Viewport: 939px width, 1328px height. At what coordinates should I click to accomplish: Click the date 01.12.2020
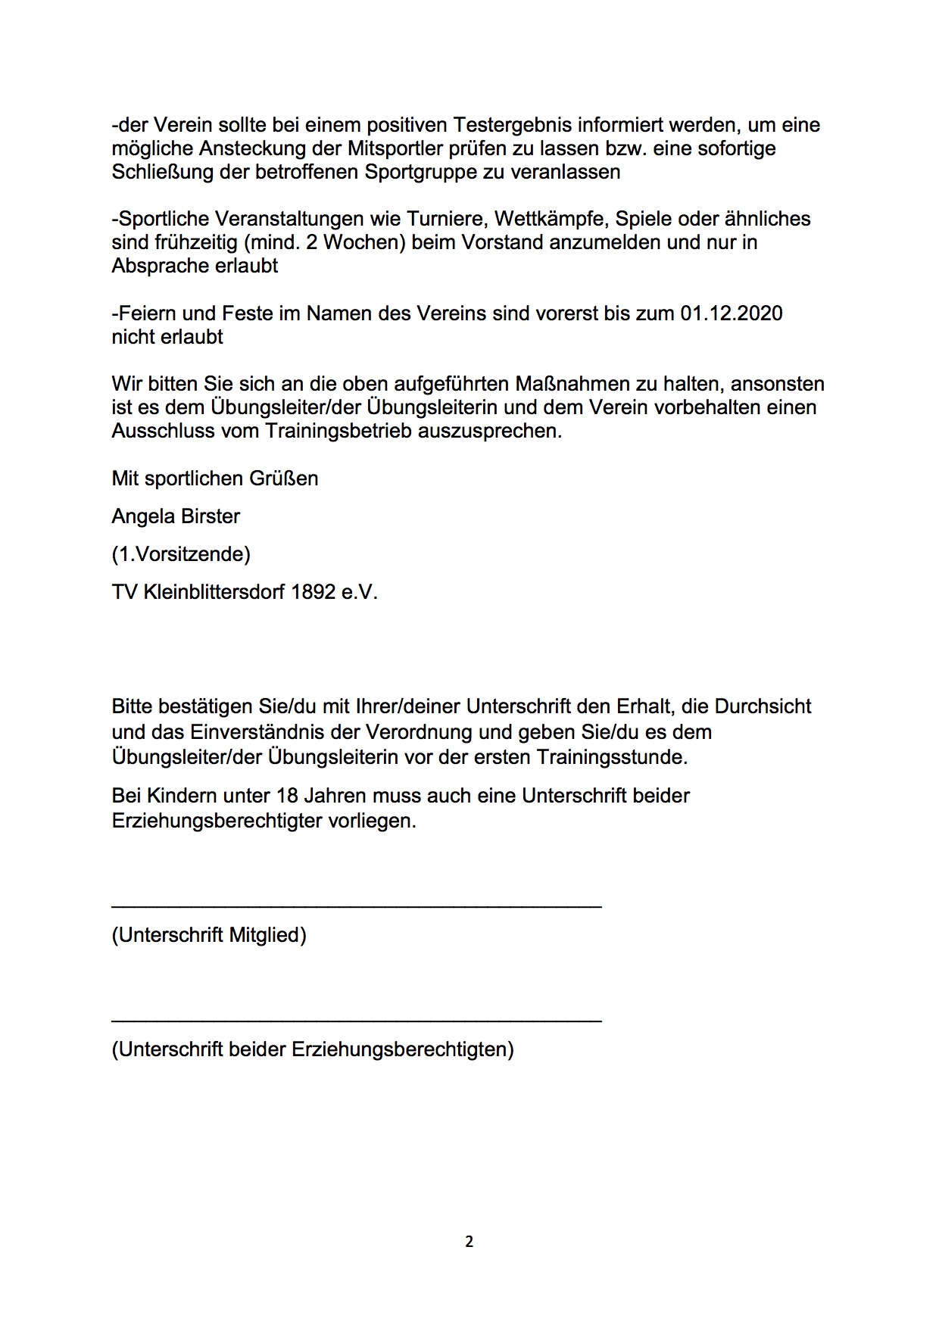[x=731, y=313]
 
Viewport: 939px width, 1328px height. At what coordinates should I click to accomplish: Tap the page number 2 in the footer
[x=469, y=1242]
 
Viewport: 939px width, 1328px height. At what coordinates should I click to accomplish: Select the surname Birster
[x=210, y=516]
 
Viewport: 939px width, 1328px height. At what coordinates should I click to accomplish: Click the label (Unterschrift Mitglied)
[x=209, y=935]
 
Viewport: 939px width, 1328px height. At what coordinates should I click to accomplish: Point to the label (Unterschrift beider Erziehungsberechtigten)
[x=313, y=1049]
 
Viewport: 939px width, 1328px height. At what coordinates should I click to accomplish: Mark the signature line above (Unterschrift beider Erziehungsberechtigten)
[x=357, y=1021]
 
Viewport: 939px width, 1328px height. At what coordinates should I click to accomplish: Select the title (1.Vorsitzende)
[x=181, y=554]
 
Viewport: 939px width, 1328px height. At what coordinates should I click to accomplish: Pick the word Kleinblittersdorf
[x=214, y=591]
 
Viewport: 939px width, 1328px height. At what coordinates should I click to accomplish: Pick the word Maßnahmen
[x=579, y=384]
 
